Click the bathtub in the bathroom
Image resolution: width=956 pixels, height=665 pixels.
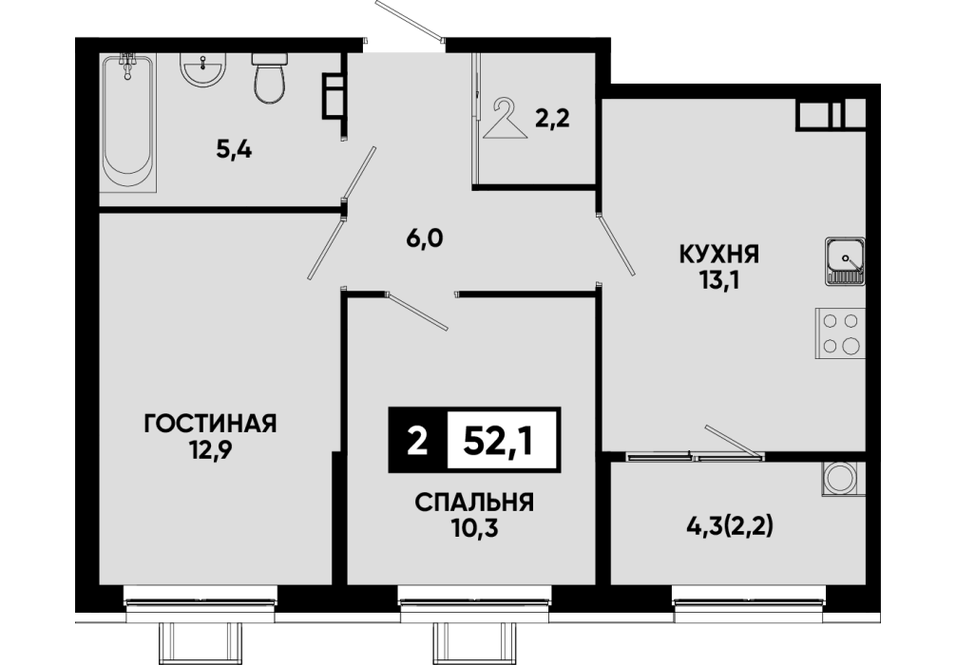[x=127, y=123]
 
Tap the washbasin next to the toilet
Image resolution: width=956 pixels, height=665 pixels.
[x=203, y=69]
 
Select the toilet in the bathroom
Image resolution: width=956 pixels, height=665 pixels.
[x=269, y=77]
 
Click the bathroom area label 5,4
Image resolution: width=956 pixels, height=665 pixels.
[x=234, y=149]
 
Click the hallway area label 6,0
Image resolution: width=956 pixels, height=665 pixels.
[x=425, y=238]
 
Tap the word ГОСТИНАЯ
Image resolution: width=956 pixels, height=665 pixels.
[x=210, y=423]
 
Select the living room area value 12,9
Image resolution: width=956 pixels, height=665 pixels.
[x=210, y=450]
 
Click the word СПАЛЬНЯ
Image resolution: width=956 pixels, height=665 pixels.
[x=474, y=503]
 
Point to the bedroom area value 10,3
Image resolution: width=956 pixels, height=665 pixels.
[x=474, y=529]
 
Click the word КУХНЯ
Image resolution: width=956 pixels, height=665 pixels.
[x=719, y=255]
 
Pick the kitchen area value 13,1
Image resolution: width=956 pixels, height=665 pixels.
[x=718, y=281]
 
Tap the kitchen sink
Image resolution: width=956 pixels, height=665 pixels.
[x=845, y=261]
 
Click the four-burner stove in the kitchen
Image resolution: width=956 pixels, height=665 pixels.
[x=841, y=333]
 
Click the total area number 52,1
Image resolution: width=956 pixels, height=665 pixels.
[x=499, y=440]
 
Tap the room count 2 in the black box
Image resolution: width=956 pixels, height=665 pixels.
[x=417, y=441]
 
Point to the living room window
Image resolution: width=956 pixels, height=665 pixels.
[x=201, y=597]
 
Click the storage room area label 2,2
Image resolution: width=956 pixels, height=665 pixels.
[x=552, y=118]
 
